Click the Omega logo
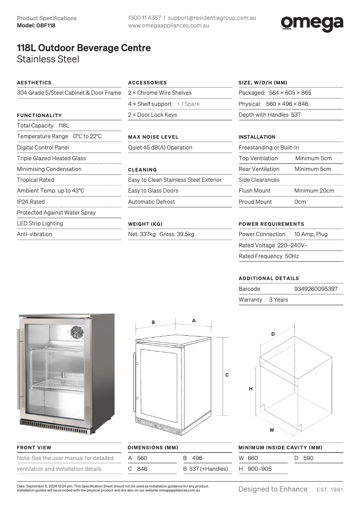[312, 23]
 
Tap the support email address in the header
[212, 18]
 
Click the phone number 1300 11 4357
[144, 18]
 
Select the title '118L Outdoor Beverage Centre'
[83, 48]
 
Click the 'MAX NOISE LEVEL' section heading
[153, 137]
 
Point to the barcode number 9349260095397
[316, 289]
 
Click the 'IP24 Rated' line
[31, 202]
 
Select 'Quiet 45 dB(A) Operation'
[160, 148]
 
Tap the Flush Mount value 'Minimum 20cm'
[314, 191]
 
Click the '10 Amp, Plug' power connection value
[311, 234]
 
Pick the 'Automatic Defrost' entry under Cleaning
[151, 202]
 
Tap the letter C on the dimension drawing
[227, 375]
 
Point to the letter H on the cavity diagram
[251, 389]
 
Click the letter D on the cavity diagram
[273, 334]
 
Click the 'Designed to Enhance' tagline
[273, 489]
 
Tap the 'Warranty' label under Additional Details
[250, 300]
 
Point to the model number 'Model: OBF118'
[36, 26]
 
